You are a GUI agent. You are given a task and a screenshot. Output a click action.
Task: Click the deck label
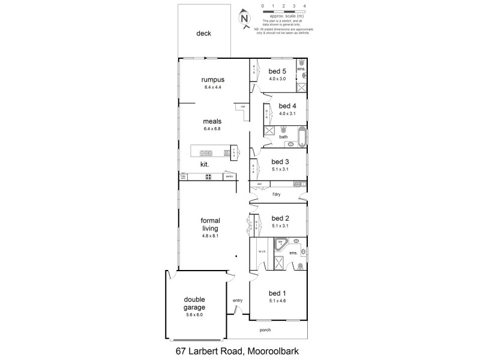click(x=204, y=34)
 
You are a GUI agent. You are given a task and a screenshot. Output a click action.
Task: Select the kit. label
click(x=204, y=164)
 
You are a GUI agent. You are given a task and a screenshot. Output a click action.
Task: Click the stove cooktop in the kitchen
click(x=209, y=176)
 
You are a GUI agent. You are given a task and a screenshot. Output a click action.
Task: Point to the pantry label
click(x=229, y=176)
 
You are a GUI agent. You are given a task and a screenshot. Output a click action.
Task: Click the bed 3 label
click(x=280, y=161)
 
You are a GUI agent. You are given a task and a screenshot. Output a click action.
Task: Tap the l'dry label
click(x=277, y=195)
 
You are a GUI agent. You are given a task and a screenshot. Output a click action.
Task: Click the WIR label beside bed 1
click(x=262, y=252)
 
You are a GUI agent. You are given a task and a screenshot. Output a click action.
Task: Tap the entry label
click(x=238, y=300)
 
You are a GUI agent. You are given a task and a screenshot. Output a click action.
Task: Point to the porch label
click(x=265, y=330)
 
